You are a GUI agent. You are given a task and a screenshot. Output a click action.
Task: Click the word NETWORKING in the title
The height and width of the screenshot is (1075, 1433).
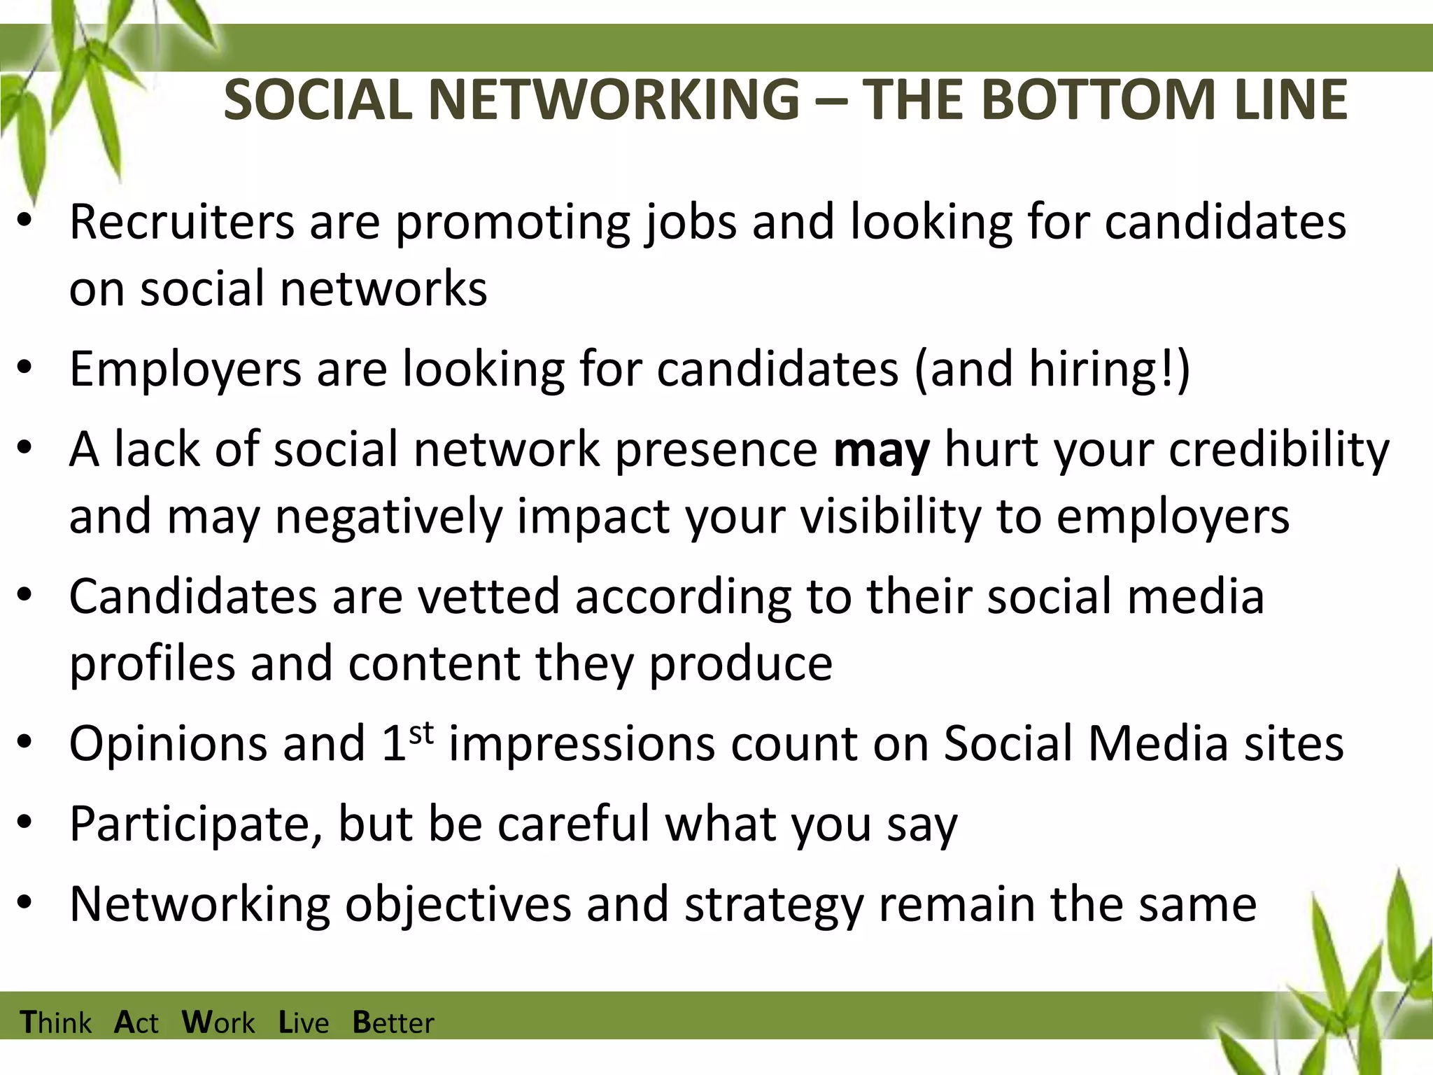(614, 99)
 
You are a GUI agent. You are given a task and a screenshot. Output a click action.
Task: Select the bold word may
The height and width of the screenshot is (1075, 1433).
(882, 450)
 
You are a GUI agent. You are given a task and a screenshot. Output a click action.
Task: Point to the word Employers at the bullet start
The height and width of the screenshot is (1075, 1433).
(185, 370)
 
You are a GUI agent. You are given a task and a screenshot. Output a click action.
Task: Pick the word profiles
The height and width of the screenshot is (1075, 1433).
(152, 664)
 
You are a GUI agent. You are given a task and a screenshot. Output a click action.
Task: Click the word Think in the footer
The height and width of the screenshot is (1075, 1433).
(56, 1023)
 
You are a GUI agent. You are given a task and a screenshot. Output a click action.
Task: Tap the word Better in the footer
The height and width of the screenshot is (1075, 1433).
(393, 1023)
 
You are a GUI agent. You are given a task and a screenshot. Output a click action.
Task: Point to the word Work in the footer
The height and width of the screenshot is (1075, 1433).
(218, 1023)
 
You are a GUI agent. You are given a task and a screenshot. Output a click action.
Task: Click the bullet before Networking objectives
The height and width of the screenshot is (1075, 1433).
(26, 903)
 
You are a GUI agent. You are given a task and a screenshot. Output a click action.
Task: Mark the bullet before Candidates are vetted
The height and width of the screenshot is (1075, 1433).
(26, 596)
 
